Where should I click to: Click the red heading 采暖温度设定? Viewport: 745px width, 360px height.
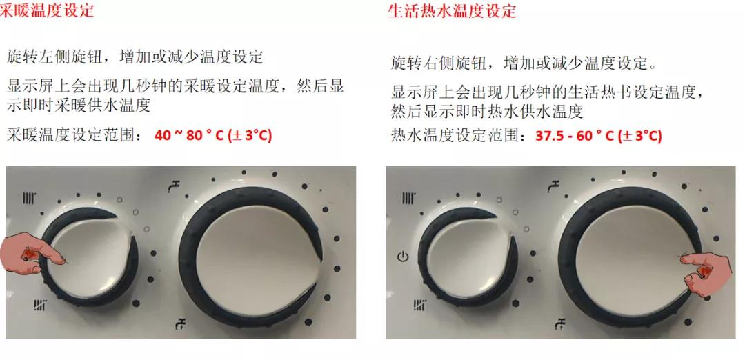(47, 10)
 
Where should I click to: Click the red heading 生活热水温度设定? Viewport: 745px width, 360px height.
(452, 10)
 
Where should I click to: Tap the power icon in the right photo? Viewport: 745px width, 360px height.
(402, 258)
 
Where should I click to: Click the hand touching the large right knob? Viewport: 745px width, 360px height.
(706, 272)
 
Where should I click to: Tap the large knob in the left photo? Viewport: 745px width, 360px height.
(251, 257)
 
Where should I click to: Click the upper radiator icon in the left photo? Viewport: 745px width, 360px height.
(30, 198)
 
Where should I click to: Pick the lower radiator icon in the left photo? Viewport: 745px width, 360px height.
(41, 305)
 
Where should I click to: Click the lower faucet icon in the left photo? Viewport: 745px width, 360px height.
(181, 323)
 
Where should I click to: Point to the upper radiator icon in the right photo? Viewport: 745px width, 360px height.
(408, 198)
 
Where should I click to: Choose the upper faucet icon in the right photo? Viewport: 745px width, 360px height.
(553, 186)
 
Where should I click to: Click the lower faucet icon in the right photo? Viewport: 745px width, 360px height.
(561, 323)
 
